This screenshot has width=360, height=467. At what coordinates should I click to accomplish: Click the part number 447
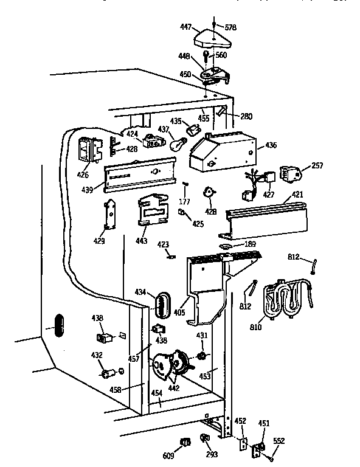coord(186,27)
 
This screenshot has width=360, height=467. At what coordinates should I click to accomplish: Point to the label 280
coord(246,116)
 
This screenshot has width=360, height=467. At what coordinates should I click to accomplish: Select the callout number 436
coord(271,146)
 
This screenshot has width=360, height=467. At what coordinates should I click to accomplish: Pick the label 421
coord(297,195)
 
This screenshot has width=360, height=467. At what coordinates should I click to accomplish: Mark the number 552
coord(279,441)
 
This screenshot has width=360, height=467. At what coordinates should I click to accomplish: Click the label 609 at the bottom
coord(168,455)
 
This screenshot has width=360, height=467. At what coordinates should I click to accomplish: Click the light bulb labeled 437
coord(177,145)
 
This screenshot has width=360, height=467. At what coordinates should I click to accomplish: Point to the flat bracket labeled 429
coord(111,215)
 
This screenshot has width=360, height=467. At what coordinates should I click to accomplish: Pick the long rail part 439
coord(140,173)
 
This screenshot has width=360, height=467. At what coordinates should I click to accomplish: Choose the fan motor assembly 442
coord(169,364)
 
